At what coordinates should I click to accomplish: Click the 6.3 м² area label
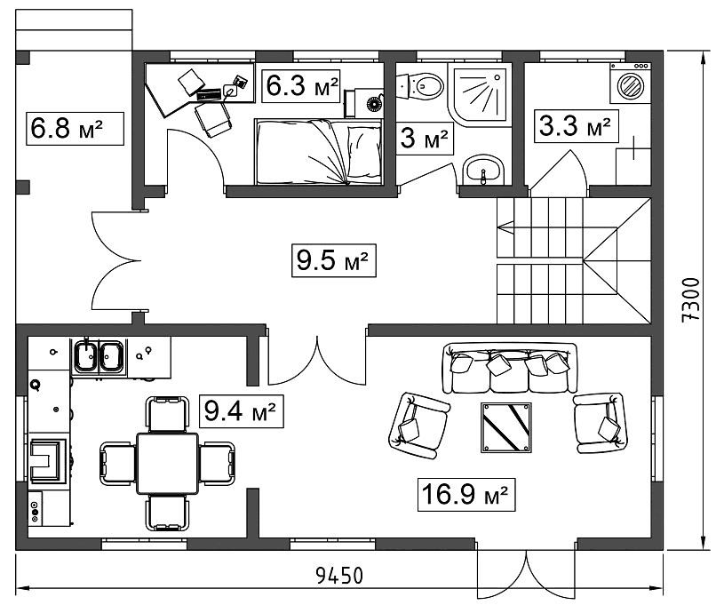[x=301, y=86]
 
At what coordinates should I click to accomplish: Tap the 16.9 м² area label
[x=465, y=495]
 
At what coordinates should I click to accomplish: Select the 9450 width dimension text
[x=339, y=576]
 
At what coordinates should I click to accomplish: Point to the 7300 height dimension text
[x=691, y=299]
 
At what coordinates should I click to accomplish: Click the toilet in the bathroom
[x=419, y=86]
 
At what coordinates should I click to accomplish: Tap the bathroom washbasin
[x=483, y=170]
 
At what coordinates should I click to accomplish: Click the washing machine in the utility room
[x=630, y=84]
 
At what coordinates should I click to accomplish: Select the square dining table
[x=167, y=463]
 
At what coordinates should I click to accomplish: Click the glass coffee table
[x=506, y=427]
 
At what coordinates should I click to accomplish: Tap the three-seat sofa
[x=510, y=369]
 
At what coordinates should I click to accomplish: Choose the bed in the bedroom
[x=319, y=152]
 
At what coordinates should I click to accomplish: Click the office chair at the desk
[x=212, y=119]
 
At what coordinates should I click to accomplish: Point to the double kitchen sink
[x=99, y=356]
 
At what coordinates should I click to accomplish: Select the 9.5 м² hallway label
[x=334, y=261]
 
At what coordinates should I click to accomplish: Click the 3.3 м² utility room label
[x=577, y=125]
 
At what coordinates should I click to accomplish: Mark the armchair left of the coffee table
[x=418, y=426]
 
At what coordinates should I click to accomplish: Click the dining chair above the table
[x=167, y=414]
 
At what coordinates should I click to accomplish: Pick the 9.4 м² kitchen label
[x=242, y=410]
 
